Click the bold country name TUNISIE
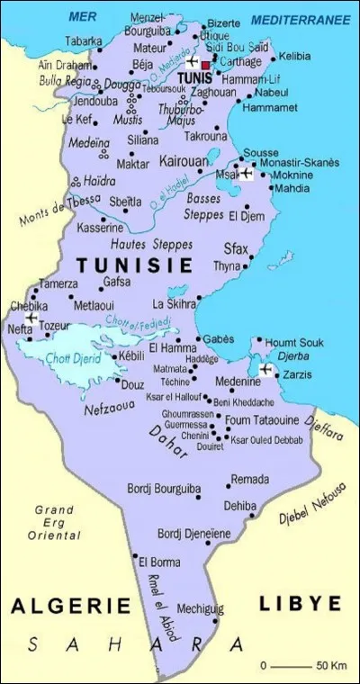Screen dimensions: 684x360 click(x=135, y=265)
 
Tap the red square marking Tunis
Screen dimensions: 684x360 click(x=206, y=65)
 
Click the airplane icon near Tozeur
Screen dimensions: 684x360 click(x=31, y=319)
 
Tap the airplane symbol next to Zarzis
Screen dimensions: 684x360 click(x=265, y=369)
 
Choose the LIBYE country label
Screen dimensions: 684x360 click(x=301, y=602)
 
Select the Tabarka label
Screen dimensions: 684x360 click(x=84, y=40)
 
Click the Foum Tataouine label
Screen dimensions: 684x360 click(x=261, y=419)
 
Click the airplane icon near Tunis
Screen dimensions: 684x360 click(x=191, y=62)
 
